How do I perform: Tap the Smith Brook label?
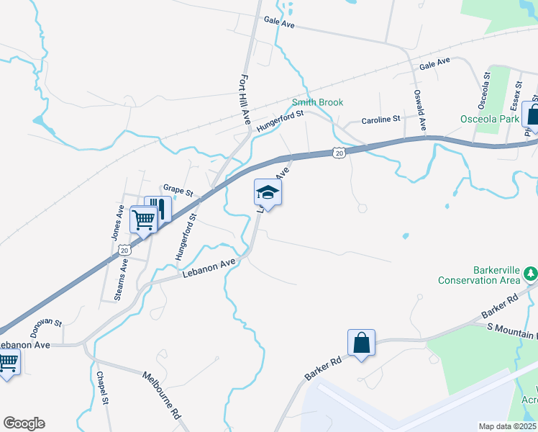pyautogui.click(x=317, y=103)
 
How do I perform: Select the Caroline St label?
pyautogui.click(x=380, y=120)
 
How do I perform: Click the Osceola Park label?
pyautogui.click(x=490, y=118)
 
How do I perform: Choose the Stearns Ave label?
pyautogui.click(x=123, y=277)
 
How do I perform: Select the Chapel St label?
pyautogui.click(x=102, y=388)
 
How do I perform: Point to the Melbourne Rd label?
pyautogui.click(x=161, y=395)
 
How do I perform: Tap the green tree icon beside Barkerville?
pyautogui.click(x=531, y=273)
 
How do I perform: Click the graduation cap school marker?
pyautogui.click(x=268, y=192)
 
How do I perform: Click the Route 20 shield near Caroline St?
pyautogui.click(x=340, y=152)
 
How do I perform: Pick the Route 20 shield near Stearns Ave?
pyautogui.click(x=124, y=250)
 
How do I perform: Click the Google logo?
pyautogui.click(x=24, y=423)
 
